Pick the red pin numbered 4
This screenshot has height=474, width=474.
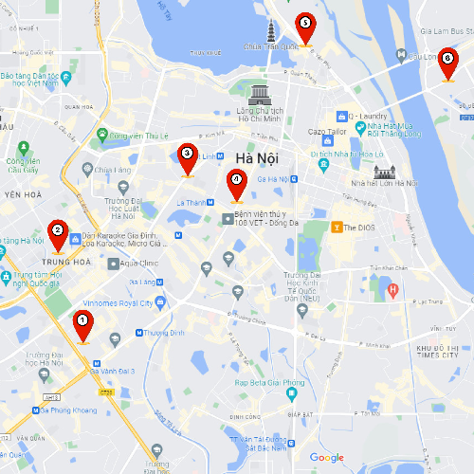236,182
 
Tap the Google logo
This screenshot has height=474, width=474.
326,458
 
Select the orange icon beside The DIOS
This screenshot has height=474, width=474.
336,227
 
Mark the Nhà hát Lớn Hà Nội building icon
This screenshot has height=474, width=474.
384,172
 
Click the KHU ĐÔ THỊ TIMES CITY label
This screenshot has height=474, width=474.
444,353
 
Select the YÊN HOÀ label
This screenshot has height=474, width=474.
18,196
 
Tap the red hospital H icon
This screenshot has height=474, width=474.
392,288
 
